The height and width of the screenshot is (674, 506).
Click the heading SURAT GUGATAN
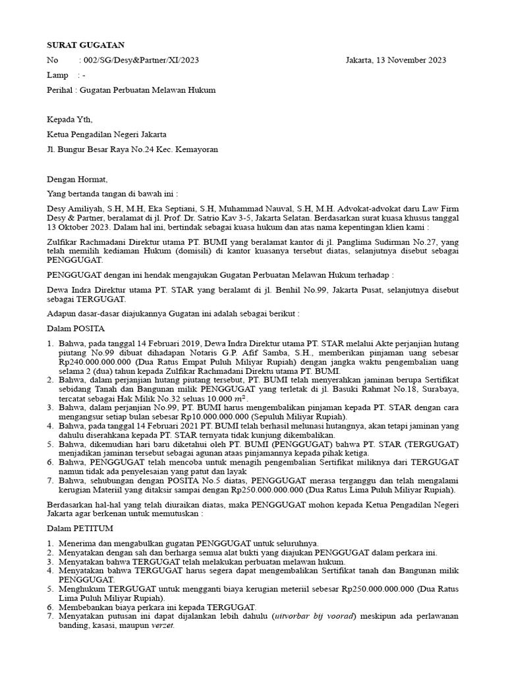(86, 45)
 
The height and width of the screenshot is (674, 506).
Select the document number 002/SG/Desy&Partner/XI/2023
(139, 60)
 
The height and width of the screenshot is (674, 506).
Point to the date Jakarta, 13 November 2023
(395, 60)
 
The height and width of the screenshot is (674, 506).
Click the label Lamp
(57, 75)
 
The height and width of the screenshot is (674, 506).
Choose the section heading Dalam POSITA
(76, 328)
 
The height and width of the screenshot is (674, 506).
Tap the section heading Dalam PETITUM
(80, 528)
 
